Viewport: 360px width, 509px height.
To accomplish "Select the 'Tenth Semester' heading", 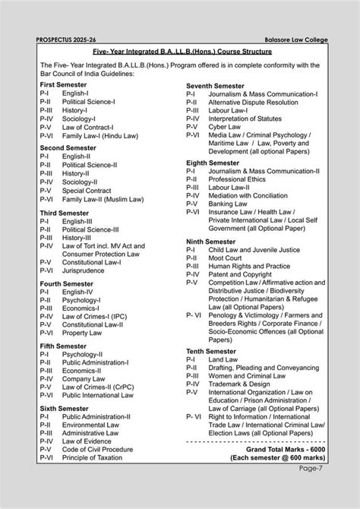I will click(212, 351).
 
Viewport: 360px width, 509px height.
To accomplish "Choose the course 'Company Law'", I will click(84, 378).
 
